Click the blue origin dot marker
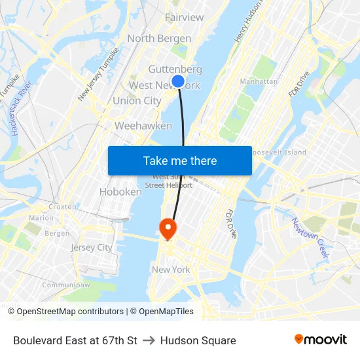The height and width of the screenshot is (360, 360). [177, 81]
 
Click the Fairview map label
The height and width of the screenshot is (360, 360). [184, 18]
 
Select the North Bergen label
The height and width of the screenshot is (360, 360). [159, 39]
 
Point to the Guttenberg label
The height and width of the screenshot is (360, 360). [175, 69]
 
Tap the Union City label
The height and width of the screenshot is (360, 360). [137, 101]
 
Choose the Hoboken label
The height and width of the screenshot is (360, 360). [120, 192]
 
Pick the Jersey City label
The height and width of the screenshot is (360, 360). [92, 247]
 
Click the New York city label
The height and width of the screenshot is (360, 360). [171, 270]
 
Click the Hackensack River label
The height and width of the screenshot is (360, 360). [21, 109]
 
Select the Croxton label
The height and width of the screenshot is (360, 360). [62, 206]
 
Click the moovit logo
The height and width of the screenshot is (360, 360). [321, 340]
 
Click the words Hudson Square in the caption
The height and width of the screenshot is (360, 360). [198, 340]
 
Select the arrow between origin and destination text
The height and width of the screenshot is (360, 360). [149, 340]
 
